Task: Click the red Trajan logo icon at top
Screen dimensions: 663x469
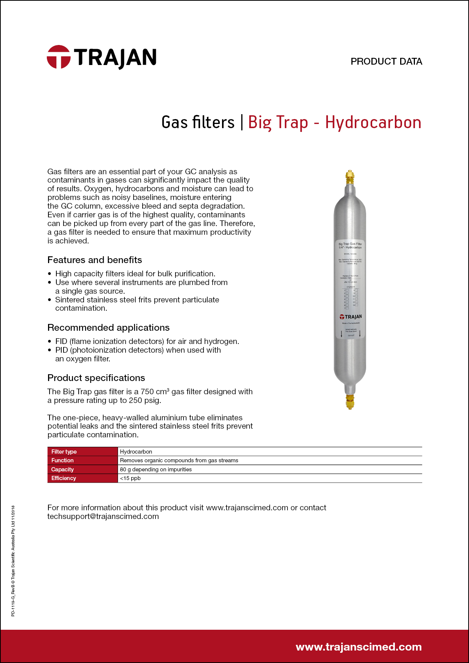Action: (x=59, y=57)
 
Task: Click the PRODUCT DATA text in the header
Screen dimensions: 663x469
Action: (x=386, y=62)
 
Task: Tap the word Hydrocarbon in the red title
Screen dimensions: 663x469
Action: (x=373, y=122)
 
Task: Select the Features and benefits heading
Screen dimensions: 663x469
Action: (x=95, y=260)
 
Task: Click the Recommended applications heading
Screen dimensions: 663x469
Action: (x=109, y=328)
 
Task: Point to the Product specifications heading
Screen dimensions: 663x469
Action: (x=96, y=378)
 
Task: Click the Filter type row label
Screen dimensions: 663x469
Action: (x=64, y=452)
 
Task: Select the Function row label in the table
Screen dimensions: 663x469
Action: (x=62, y=460)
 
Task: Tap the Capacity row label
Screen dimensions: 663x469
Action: (x=62, y=469)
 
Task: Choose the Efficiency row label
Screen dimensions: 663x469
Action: (x=64, y=478)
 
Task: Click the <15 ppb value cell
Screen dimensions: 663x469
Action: (x=130, y=478)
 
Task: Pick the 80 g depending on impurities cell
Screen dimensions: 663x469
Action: (x=156, y=469)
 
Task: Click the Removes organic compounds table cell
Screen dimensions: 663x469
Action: (x=179, y=460)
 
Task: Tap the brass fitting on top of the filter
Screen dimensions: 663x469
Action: (x=350, y=177)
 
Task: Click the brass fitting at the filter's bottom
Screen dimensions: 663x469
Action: (x=350, y=401)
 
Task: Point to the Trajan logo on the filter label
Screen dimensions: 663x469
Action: (x=351, y=317)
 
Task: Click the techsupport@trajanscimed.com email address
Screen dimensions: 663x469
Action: (x=103, y=516)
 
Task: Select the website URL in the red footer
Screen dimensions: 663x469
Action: (x=359, y=647)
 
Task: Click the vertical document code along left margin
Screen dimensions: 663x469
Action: (x=13, y=561)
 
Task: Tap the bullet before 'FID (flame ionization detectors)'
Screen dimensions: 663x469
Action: (x=50, y=342)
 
